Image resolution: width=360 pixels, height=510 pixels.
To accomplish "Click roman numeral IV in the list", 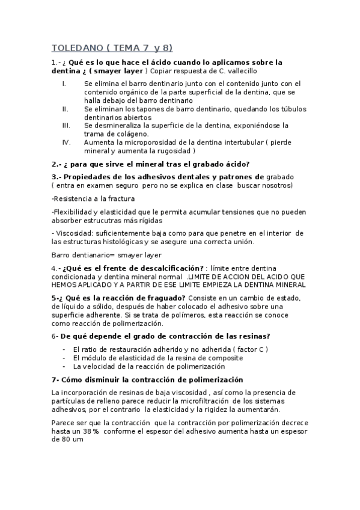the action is pos(67,143).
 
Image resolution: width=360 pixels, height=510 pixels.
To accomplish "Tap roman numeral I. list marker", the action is pos(64,83).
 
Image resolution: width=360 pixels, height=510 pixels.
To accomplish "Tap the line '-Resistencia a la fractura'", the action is pos(93,198).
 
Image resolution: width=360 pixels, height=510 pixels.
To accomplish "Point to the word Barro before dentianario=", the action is pos(63,254).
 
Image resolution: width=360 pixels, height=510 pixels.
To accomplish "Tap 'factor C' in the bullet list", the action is pos(247,349).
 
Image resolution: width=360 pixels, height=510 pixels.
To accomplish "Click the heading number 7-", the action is pos(56,379).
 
